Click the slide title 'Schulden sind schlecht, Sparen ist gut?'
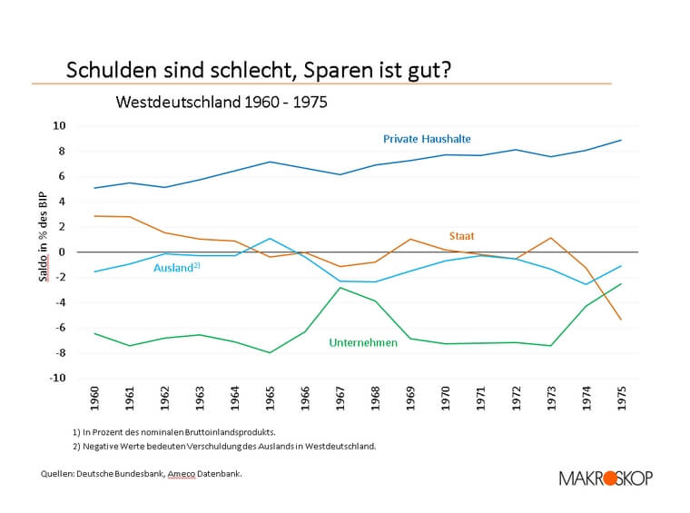[x=259, y=70]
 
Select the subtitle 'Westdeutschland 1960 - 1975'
[x=222, y=102]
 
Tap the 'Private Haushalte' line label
[x=427, y=139]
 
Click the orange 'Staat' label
[x=461, y=236]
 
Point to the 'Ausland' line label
[x=176, y=269]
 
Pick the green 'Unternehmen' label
[x=362, y=343]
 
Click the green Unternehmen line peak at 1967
[x=340, y=288]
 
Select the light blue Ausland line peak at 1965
[x=270, y=239]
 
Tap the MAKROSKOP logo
[x=606, y=478]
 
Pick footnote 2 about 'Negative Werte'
[x=222, y=446]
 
